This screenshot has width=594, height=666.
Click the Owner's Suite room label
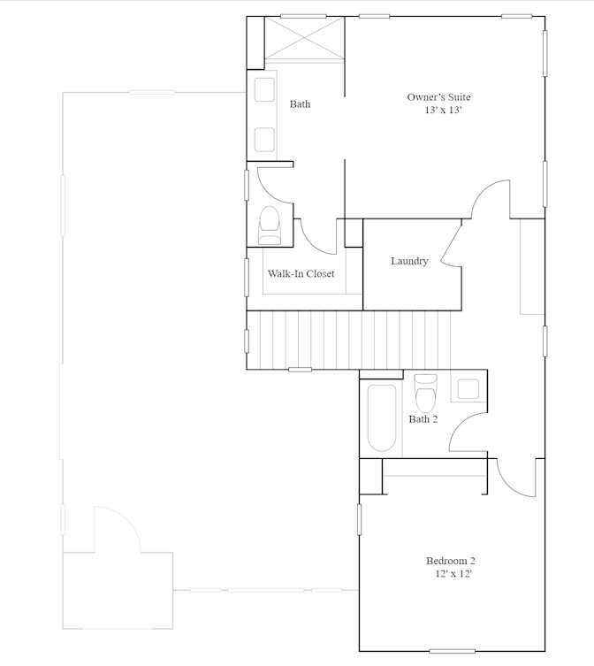pos(438,97)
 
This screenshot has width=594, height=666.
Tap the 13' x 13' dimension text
pos(443,110)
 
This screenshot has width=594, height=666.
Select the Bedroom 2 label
pos(451,561)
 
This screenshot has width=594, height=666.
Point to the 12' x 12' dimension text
pos(453,573)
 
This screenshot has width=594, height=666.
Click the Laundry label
pos(409,261)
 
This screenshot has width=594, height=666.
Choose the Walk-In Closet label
pos(301,273)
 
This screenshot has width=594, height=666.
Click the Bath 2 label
pos(423,419)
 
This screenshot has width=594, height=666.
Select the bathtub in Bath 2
pos(381,417)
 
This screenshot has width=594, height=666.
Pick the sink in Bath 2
pos(468,389)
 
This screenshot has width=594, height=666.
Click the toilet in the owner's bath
pos(270,226)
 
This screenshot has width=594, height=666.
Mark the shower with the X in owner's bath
pos(304,40)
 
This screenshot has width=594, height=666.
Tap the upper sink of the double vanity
pos(264,89)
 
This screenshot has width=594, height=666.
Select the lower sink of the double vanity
pos(264,140)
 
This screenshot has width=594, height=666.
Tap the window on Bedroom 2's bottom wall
pos(452,651)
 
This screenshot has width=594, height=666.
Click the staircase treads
pos(348,341)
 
